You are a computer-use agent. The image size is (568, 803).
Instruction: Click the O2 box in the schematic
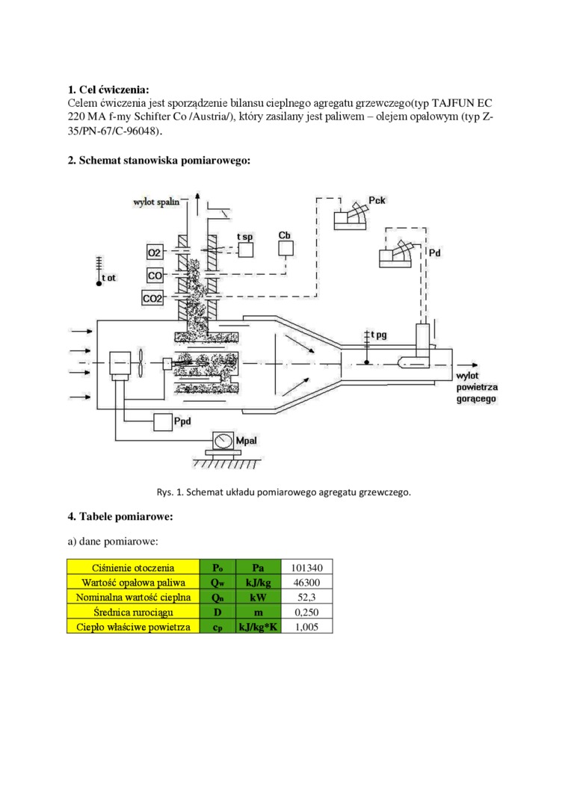[155, 252]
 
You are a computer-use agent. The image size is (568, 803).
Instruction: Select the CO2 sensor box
[153, 299]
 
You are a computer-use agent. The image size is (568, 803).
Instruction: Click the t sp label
[244, 237]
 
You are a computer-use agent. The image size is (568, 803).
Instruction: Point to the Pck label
[377, 201]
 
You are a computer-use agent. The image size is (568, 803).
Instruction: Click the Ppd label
[183, 422]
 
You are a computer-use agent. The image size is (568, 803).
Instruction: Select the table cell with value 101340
[306, 567]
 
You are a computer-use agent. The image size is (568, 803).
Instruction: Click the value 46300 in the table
[306, 582]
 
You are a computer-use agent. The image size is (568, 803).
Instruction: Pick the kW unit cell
[258, 597]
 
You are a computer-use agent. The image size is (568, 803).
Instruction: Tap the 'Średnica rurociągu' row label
[133, 612]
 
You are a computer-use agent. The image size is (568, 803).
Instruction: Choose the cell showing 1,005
[306, 627]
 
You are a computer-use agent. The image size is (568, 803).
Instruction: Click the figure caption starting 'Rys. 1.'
[284, 492]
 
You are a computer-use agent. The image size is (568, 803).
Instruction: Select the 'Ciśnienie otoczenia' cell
[133, 567]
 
